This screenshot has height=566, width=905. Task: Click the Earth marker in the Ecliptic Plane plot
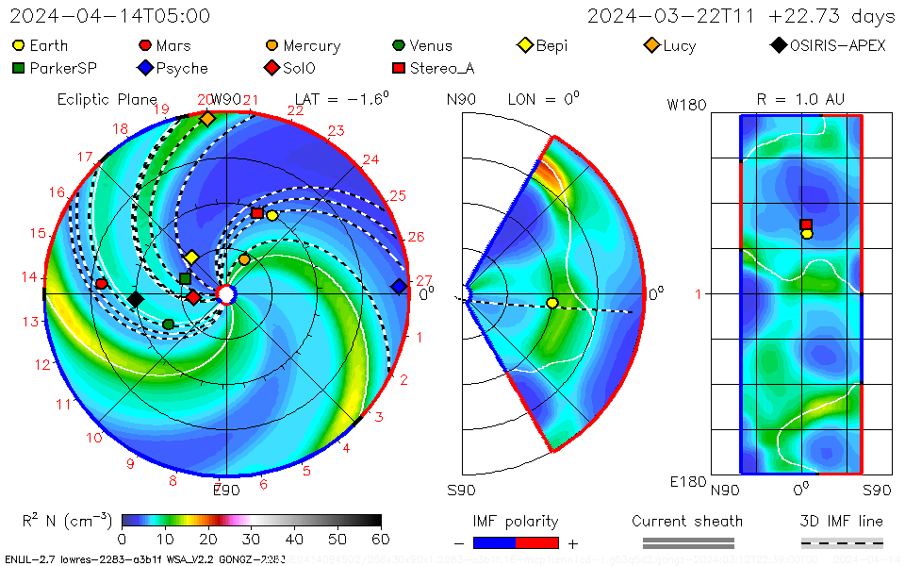click(x=272, y=215)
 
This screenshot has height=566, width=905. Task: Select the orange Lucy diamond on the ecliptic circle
click(x=207, y=119)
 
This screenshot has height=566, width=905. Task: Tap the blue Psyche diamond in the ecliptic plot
click(x=399, y=286)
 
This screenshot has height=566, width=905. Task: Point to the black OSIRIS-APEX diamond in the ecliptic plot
click(x=136, y=299)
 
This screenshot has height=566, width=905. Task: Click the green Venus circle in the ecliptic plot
click(x=169, y=325)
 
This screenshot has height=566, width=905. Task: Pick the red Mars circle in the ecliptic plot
click(x=102, y=284)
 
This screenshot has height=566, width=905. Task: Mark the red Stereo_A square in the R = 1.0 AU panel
click(x=806, y=225)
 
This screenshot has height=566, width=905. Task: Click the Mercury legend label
click(x=311, y=45)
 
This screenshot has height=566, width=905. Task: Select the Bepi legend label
click(x=552, y=45)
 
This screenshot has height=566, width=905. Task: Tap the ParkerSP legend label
click(x=63, y=68)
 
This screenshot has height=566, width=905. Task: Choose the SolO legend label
click(x=299, y=68)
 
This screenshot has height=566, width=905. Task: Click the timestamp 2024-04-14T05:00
click(x=110, y=16)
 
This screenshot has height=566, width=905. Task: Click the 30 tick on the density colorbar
click(x=252, y=540)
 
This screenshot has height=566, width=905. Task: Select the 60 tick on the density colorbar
click(x=381, y=540)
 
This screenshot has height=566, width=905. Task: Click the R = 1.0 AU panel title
click(x=800, y=99)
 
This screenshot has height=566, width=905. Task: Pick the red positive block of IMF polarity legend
click(x=537, y=542)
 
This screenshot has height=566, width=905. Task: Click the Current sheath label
click(x=687, y=521)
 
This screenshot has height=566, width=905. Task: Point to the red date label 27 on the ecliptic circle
click(x=423, y=280)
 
